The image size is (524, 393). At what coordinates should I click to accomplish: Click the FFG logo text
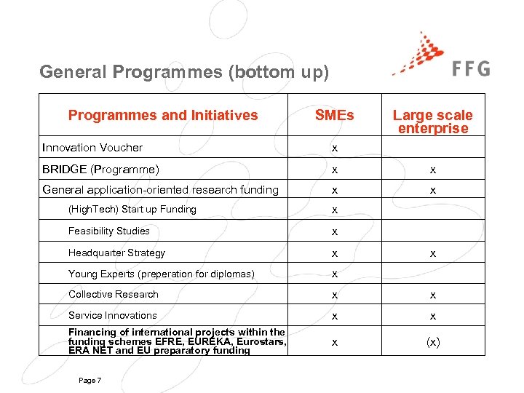[x=471, y=68]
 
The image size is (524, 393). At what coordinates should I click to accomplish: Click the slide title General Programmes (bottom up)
[x=184, y=72]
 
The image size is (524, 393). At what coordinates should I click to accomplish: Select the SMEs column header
[x=334, y=115]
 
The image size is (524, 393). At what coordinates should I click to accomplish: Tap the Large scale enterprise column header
[x=432, y=122]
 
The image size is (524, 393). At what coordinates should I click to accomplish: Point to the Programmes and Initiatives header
[x=163, y=115]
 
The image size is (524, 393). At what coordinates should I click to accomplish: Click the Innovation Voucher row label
[x=92, y=148]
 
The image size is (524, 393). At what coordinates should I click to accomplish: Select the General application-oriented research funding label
[x=160, y=190]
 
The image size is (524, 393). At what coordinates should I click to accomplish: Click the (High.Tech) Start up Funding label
[x=132, y=210]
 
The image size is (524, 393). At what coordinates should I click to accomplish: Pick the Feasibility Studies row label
[x=109, y=231]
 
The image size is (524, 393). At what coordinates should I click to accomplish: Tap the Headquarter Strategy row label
[x=116, y=253]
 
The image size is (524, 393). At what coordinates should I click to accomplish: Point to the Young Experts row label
[x=162, y=274]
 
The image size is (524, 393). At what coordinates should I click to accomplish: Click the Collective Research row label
[x=114, y=294]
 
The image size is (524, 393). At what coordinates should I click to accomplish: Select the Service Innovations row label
[x=113, y=315]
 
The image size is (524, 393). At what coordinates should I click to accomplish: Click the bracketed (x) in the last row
[x=432, y=342]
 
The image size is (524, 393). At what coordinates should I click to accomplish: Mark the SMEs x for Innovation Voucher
[x=334, y=148]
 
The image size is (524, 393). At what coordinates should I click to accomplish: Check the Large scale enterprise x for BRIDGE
[x=432, y=170]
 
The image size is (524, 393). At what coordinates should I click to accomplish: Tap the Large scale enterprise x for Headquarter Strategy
[x=432, y=253]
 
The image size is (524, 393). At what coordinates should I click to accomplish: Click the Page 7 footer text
[x=89, y=381]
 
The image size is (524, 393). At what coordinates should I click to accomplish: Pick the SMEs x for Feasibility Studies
[x=334, y=231]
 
